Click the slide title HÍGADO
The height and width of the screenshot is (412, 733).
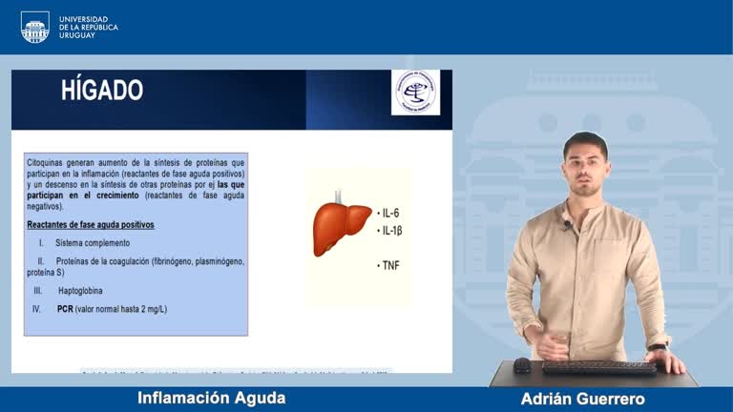(x=102, y=91)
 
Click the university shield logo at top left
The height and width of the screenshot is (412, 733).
(x=34, y=27)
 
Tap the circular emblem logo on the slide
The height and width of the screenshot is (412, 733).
(x=416, y=93)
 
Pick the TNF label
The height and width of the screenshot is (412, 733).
(x=391, y=265)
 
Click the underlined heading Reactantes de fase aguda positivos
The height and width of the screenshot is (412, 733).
(x=91, y=225)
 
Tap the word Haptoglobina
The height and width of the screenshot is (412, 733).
(x=80, y=290)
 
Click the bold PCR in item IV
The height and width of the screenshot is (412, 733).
(x=65, y=309)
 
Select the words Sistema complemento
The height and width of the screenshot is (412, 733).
(x=93, y=243)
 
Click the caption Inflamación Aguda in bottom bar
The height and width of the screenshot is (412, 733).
(x=211, y=398)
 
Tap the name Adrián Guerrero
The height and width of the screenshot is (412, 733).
(x=582, y=399)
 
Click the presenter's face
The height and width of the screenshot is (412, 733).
(x=585, y=168)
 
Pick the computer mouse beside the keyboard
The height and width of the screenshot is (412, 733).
(x=522, y=365)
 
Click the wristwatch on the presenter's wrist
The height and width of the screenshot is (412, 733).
(x=657, y=346)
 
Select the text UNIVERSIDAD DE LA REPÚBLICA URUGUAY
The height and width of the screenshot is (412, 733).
(x=89, y=27)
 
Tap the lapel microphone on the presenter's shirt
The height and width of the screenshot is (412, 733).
(x=567, y=225)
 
